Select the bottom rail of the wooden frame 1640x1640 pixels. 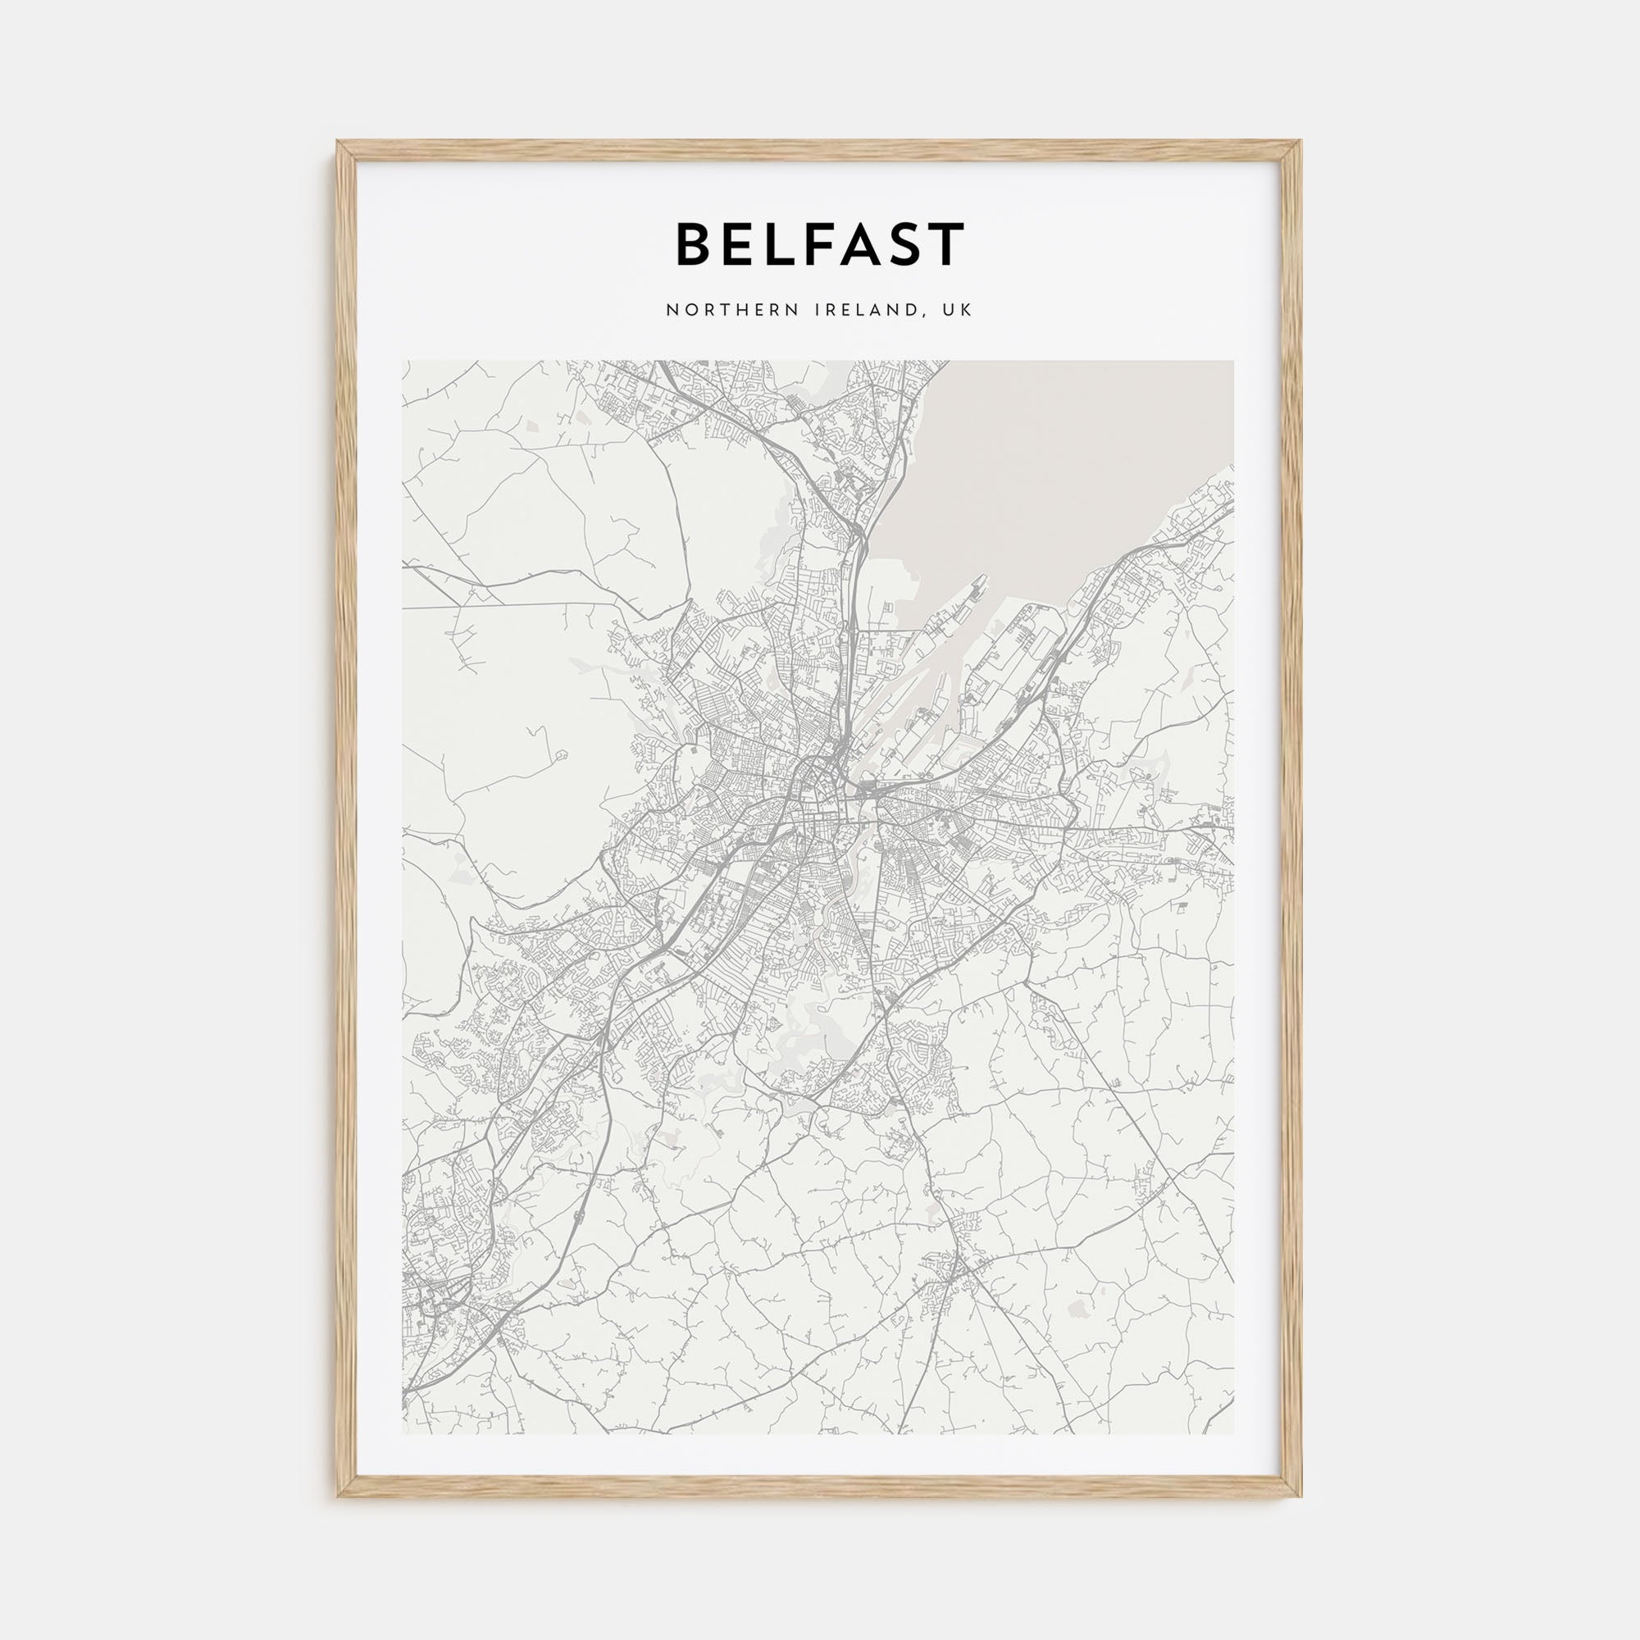(820, 1491)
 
